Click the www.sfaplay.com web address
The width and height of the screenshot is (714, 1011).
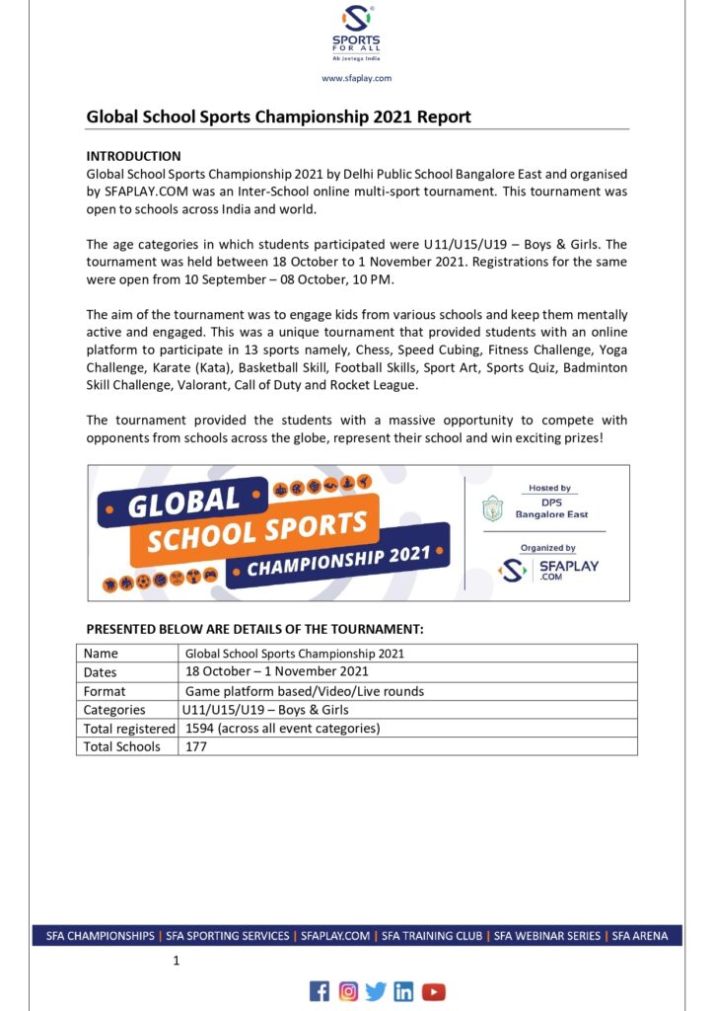click(x=357, y=78)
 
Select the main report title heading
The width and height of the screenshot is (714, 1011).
click(x=279, y=117)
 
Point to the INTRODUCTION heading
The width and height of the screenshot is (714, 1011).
click(x=134, y=156)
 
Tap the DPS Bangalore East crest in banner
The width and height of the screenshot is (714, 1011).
click(x=491, y=508)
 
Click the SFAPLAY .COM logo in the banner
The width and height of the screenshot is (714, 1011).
click(x=549, y=570)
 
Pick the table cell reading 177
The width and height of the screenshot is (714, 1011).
click(x=196, y=747)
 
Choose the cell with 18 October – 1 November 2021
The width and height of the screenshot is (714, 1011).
click(x=277, y=671)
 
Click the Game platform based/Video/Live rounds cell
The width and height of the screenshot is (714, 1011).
click(x=305, y=691)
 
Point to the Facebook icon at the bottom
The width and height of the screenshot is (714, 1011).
click(x=320, y=991)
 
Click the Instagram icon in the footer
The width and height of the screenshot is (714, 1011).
click(x=348, y=991)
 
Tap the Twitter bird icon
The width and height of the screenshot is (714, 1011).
click(x=376, y=991)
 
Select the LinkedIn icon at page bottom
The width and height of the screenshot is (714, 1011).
click(x=403, y=991)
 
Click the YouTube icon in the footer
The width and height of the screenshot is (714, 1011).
click(x=434, y=991)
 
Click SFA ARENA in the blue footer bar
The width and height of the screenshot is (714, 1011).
click(x=640, y=935)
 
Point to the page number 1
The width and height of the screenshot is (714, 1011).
click(x=176, y=960)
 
